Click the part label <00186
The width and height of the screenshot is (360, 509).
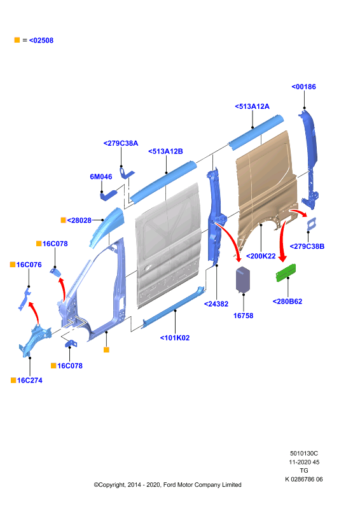(303, 87)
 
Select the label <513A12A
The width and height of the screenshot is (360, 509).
(253, 106)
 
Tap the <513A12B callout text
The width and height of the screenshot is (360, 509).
(165, 151)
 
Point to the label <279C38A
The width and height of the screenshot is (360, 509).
(121, 143)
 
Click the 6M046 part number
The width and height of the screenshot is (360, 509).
(101, 177)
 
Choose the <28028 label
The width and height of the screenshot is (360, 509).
(80, 220)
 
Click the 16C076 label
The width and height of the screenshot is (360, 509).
(29, 265)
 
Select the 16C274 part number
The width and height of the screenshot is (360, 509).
(29, 380)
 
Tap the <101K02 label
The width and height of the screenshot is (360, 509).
(175, 338)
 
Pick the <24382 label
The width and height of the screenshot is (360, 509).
(216, 304)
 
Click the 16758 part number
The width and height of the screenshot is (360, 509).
(243, 316)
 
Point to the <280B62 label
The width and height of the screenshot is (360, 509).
(287, 302)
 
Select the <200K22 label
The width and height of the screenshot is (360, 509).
(261, 256)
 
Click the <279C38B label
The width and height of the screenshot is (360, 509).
(307, 246)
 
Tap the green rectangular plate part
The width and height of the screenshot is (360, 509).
(286, 273)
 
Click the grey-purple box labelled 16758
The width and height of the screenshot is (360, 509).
(243, 280)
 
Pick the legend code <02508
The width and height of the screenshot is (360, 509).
(41, 40)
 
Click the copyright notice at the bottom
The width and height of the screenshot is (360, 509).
(167, 485)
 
